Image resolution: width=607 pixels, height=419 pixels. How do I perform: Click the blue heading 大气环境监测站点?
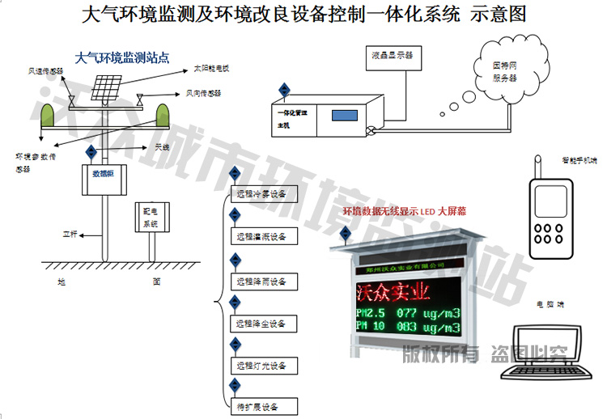coord(121,57)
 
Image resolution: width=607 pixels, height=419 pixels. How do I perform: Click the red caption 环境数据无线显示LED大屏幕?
coord(401,212)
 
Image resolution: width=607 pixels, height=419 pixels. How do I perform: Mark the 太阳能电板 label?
coord(212,69)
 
